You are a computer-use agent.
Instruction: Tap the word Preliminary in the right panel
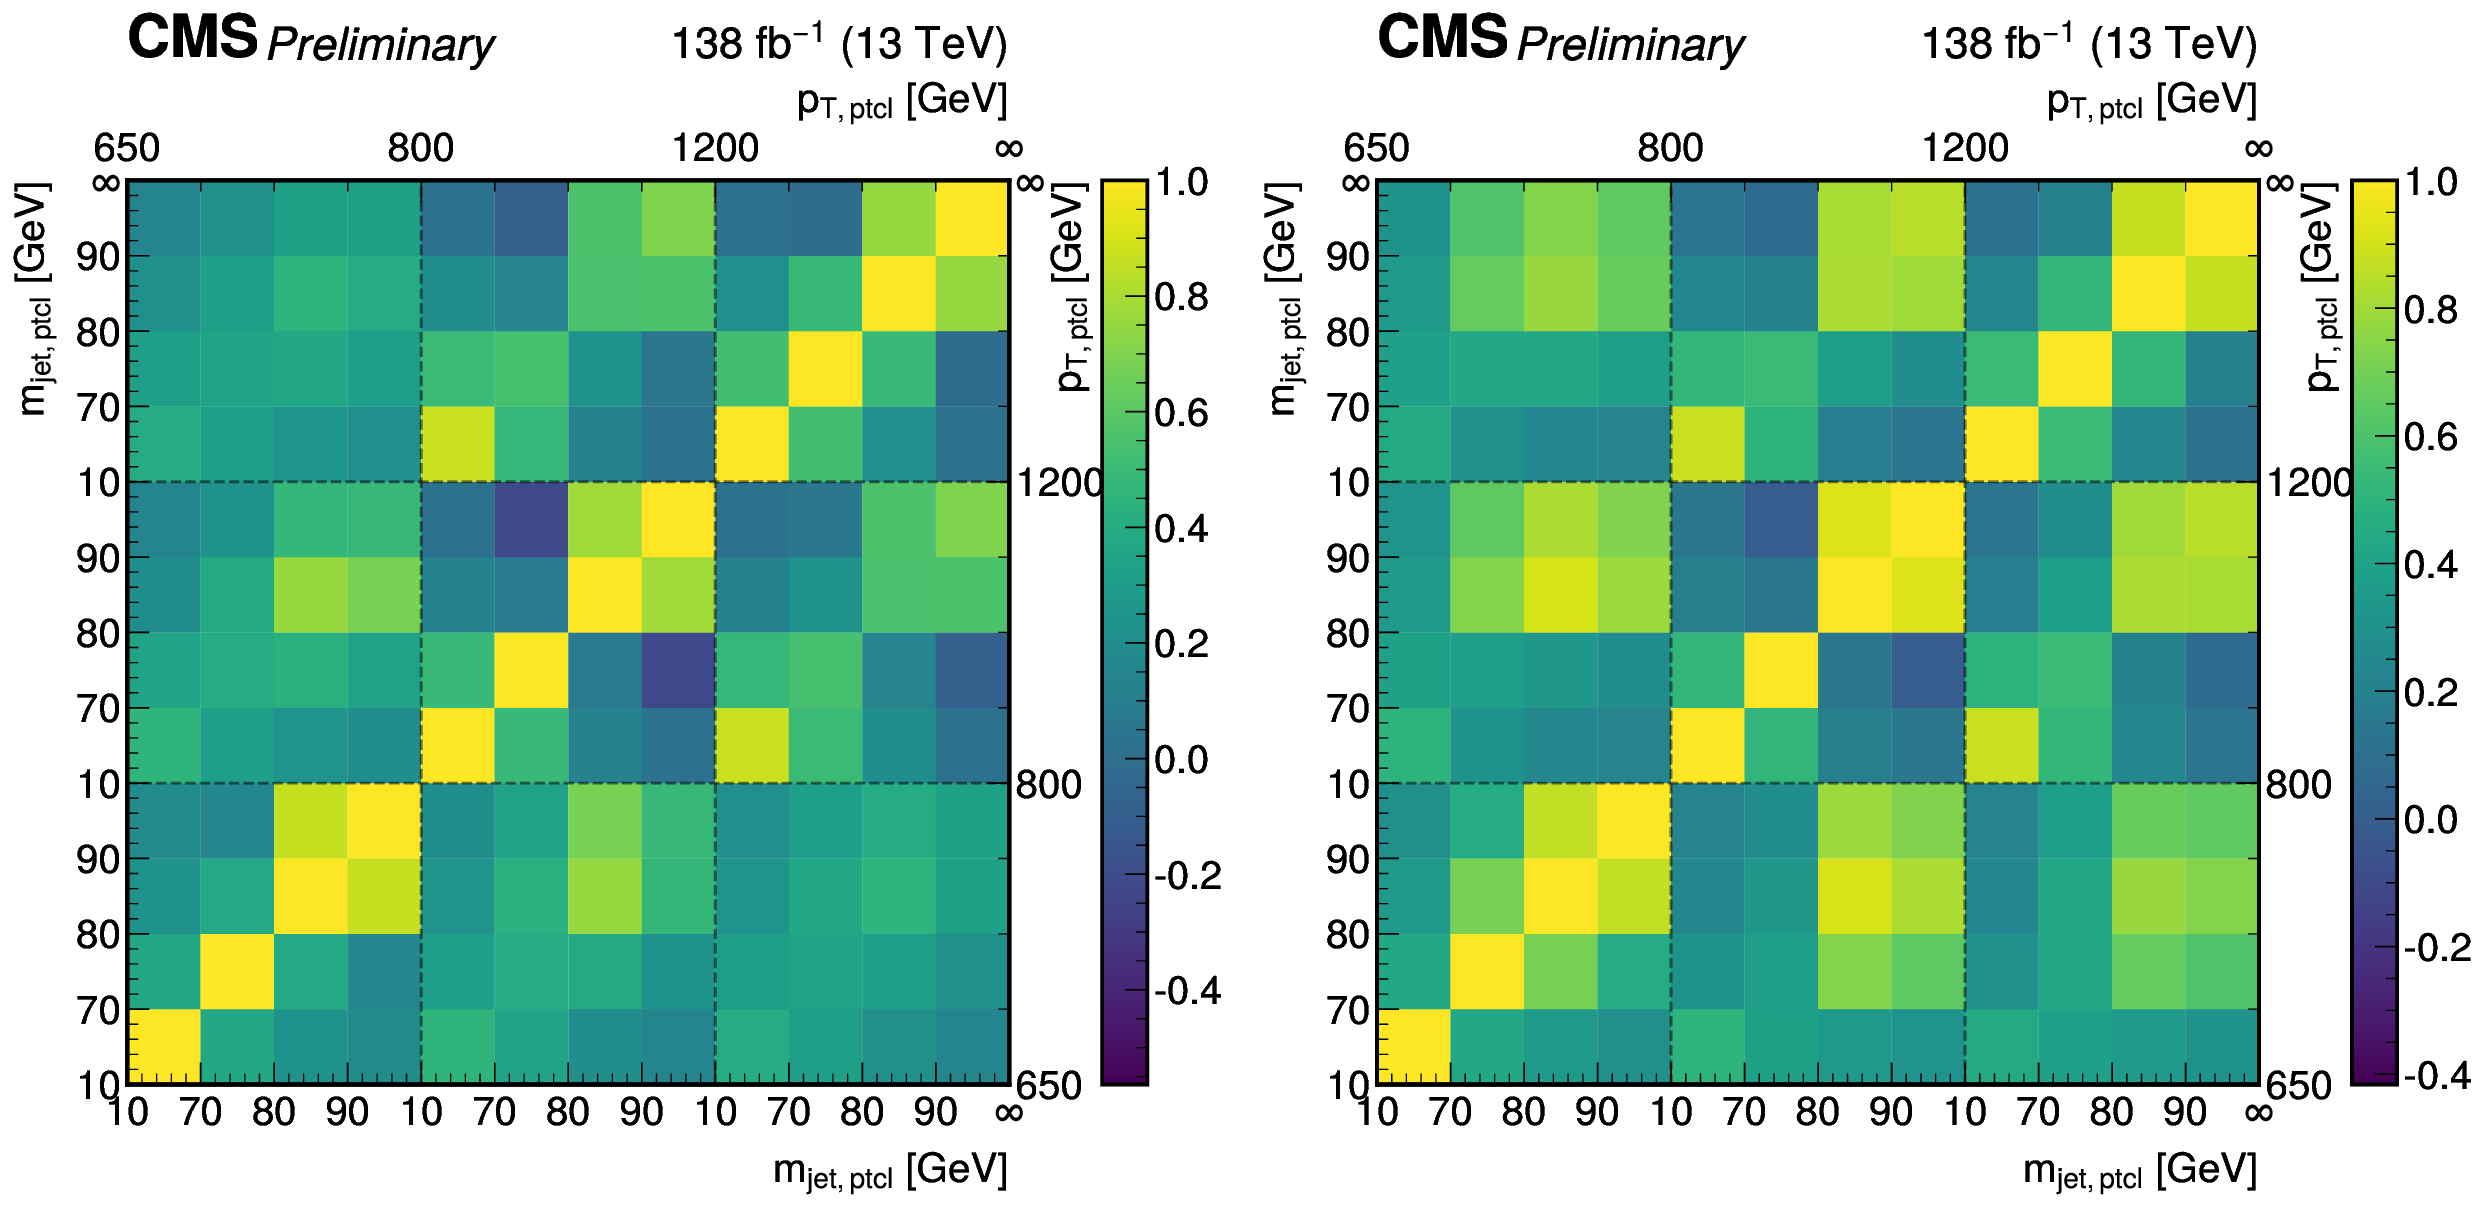(1630, 45)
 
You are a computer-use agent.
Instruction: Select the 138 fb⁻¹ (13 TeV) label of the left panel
(838, 44)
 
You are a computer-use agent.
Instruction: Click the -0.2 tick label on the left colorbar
(1187, 876)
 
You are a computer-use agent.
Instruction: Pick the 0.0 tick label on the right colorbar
(2431, 820)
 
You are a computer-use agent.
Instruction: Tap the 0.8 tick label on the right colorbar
(2431, 310)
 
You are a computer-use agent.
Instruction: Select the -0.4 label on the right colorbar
(2437, 1076)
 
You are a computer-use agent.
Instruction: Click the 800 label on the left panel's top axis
(420, 148)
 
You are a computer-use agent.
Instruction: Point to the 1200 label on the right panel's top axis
(1964, 148)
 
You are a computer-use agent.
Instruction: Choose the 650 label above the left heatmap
(127, 148)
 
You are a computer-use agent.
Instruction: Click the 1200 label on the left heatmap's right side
(1058, 483)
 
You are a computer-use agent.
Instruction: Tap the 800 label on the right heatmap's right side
(2298, 785)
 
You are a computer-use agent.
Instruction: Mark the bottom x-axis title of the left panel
(889, 1169)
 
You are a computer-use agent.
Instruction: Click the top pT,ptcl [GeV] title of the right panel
(2151, 100)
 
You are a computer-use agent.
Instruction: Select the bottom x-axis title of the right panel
(2139, 1169)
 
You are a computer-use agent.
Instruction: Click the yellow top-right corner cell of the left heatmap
(972, 218)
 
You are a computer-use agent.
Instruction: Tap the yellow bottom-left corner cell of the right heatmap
(1413, 1047)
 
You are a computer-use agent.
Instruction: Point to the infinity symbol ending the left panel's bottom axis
(1009, 1112)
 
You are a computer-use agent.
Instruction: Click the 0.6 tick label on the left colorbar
(1181, 413)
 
